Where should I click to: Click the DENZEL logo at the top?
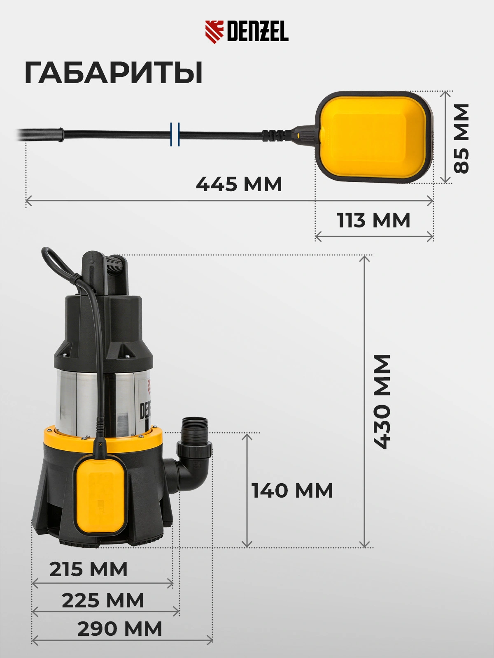pos(247,32)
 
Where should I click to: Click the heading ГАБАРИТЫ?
pos(113,73)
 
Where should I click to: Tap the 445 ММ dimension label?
pos(239,184)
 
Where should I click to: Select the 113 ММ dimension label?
pos(373,220)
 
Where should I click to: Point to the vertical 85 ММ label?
pos(461,138)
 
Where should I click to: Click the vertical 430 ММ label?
pos(382,401)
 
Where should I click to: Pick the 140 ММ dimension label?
pos(292,491)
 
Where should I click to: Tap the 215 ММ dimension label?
pos(89,569)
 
